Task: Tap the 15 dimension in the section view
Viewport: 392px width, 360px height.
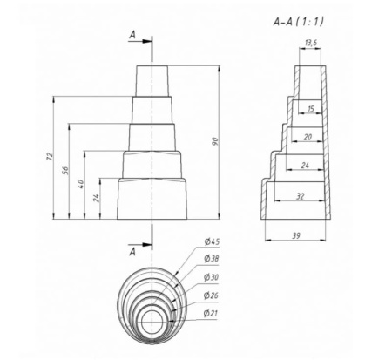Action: [310, 109]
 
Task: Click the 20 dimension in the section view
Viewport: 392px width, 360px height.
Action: [308, 136]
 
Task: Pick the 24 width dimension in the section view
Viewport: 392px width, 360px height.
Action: [305, 164]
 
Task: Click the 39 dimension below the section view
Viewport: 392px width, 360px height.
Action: [296, 236]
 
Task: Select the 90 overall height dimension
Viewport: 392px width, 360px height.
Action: [226, 141]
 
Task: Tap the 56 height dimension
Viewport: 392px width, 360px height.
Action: [67, 171]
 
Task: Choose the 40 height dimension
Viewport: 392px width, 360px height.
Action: [82, 185]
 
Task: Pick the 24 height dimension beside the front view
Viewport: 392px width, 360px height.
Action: [98, 198]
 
